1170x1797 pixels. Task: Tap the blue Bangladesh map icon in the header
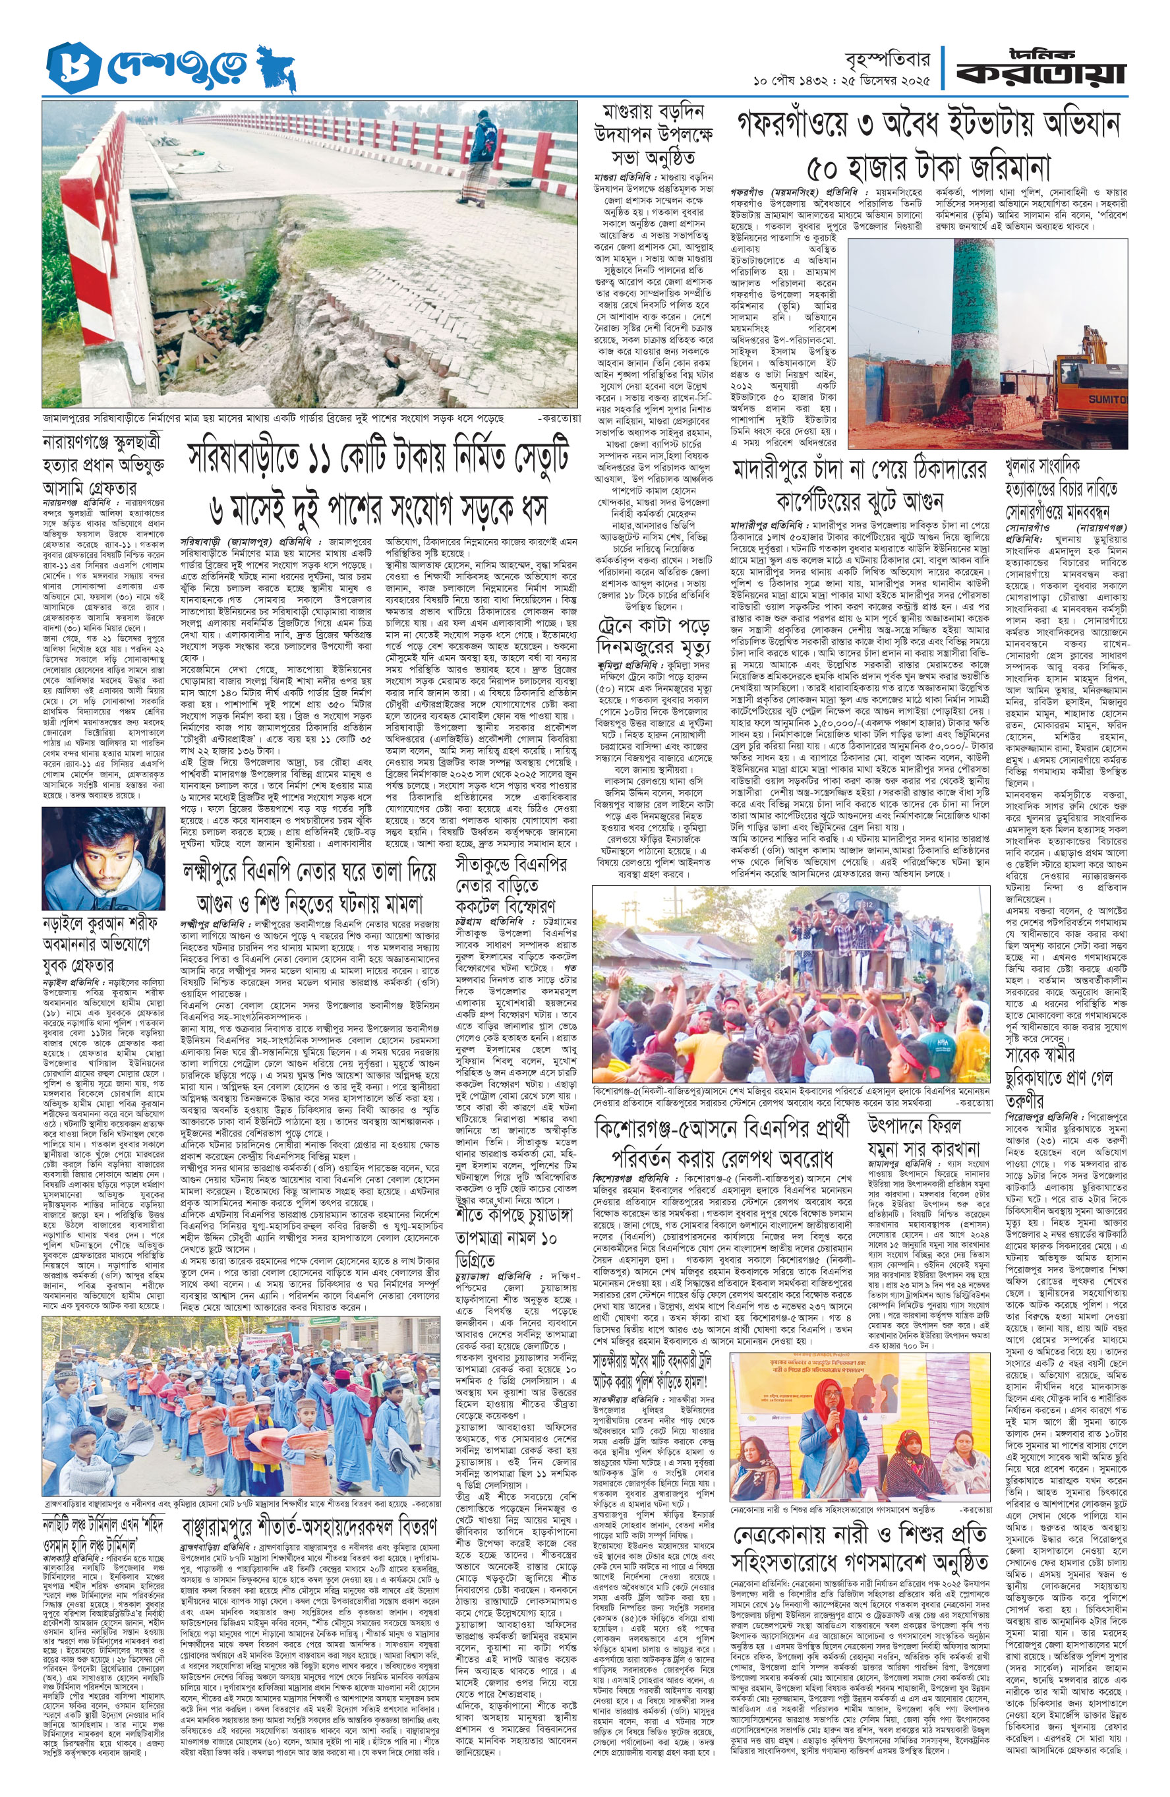click(x=276, y=69)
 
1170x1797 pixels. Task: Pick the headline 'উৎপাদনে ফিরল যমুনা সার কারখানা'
click(x=925, y=1137)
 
